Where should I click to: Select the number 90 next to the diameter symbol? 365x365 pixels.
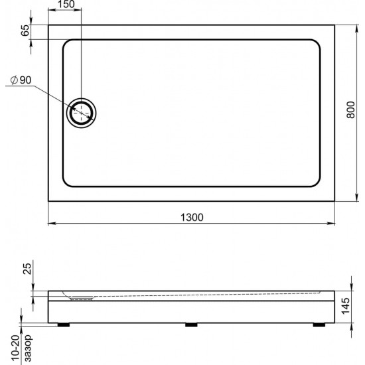coord(26,80)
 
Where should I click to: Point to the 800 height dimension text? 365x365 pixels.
coord(351,113)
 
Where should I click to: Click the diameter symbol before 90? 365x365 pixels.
coord(14,80)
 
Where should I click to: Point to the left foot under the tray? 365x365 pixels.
coord(65,325)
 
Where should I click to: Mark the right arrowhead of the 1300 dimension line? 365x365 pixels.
coord(332,224)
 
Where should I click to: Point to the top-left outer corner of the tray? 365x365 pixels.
coord(49,26)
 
